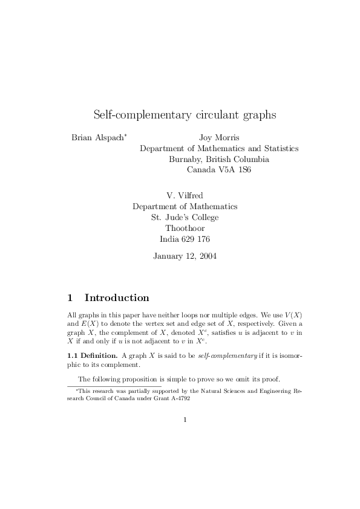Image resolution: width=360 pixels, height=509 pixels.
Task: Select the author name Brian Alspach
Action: (97, 137)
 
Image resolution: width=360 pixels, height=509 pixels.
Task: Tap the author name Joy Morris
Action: (219, 137)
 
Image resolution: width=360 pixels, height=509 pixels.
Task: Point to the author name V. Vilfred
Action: (185, 195)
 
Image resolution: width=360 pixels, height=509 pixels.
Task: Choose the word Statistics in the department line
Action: (277, 148)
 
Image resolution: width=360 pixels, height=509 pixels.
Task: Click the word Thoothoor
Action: (185, 228)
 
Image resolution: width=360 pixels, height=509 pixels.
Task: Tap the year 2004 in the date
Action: (206, 256)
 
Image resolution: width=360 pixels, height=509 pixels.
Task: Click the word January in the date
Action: (169, 256)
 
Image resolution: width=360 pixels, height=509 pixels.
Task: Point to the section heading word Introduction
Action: (117, 297)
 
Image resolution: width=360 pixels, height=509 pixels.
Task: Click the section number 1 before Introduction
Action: (70, 297)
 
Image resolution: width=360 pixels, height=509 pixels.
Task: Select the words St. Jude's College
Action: (185, 217)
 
